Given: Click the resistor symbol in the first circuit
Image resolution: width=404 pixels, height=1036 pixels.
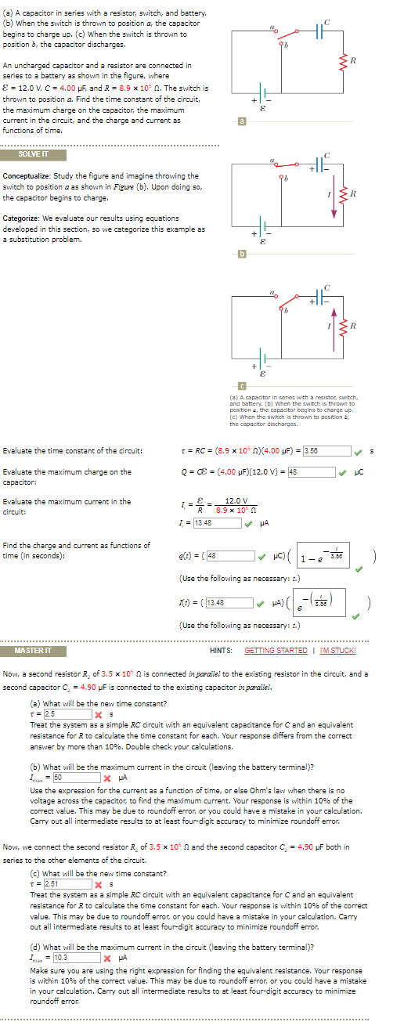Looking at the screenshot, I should pyautogui.click(x=352, y=61).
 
